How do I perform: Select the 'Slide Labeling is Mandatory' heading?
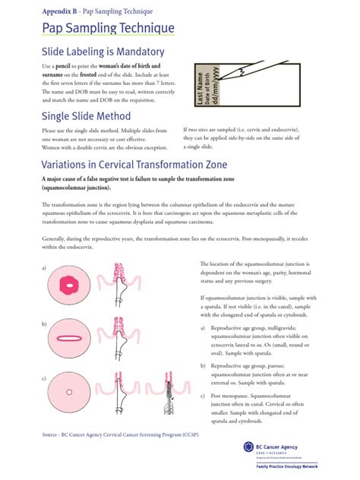pos(103,52)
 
